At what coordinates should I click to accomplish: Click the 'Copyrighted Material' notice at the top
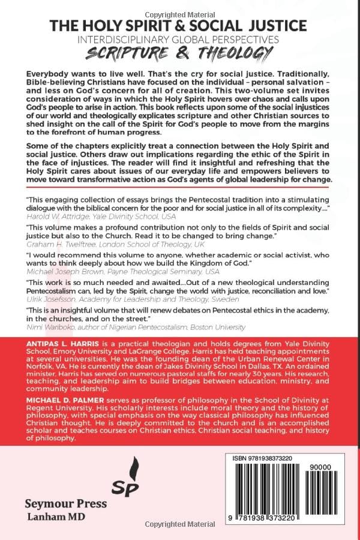179,7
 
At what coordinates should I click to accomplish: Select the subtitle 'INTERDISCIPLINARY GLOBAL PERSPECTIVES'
179,40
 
